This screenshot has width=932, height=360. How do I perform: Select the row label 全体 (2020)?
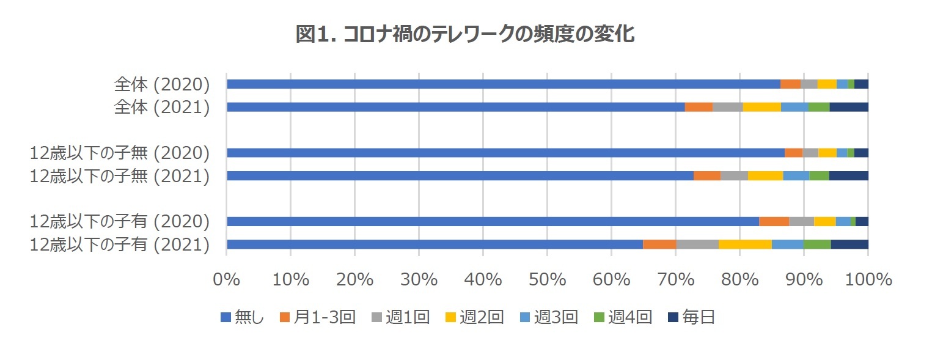(x=162, y=84)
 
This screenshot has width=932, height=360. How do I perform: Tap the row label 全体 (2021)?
(x=162, y=107)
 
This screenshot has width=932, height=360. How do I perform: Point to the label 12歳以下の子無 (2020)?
(x=120, y=153)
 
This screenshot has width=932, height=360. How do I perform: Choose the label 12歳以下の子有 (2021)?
(x=120, y=244)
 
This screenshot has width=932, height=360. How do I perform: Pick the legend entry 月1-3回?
(x=318, y=317)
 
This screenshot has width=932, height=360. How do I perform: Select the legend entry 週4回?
(x=622, y=317)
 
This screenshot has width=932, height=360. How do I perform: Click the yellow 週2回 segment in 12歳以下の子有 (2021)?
(x=745, y=244)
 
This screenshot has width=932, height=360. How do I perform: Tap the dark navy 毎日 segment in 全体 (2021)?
(x=849, y=107)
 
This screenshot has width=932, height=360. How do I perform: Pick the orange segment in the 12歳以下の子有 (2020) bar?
(x=774, y=221)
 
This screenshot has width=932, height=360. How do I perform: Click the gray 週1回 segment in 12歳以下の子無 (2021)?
(x=734, y=176)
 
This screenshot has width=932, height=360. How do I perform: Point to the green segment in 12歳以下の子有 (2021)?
(x=816, y=244)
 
